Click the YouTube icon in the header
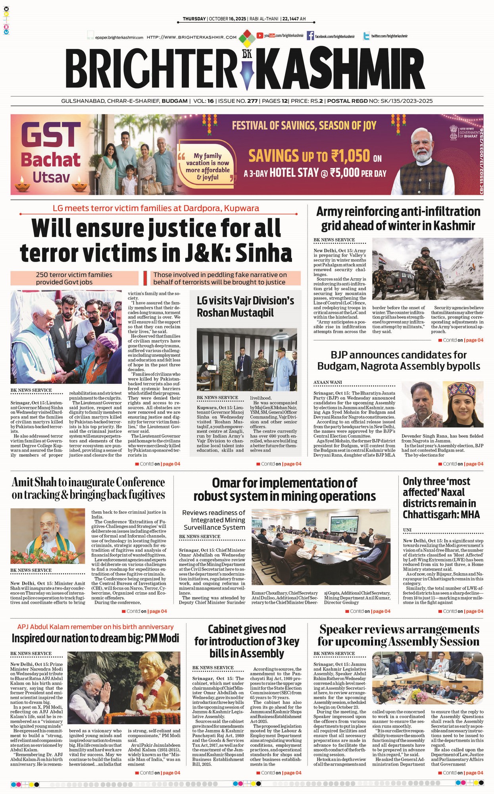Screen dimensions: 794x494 click(x=260, y=36)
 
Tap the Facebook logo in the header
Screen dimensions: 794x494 click(x=310, y=36)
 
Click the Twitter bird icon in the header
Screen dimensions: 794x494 click(x=367, y=36)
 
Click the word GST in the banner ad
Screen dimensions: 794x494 click(x=51, y=135)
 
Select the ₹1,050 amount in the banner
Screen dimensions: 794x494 click(x=351, y=156)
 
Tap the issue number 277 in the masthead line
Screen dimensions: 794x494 click(x=252, y=101)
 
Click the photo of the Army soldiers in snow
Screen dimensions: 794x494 click(x=427, y=269)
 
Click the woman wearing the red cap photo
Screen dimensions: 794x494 click(x=463, y=404)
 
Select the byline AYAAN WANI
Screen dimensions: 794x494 click(x=328, y=382)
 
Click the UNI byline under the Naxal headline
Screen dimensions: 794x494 click(x=407, y=530)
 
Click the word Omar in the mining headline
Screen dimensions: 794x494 click(x=226, y=483)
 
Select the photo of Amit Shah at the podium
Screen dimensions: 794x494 click(x=48, y=536)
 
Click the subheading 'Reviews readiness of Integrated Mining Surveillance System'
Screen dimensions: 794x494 click(x=214, y=520)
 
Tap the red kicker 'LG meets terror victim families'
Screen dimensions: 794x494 click(x=156, y=208)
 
